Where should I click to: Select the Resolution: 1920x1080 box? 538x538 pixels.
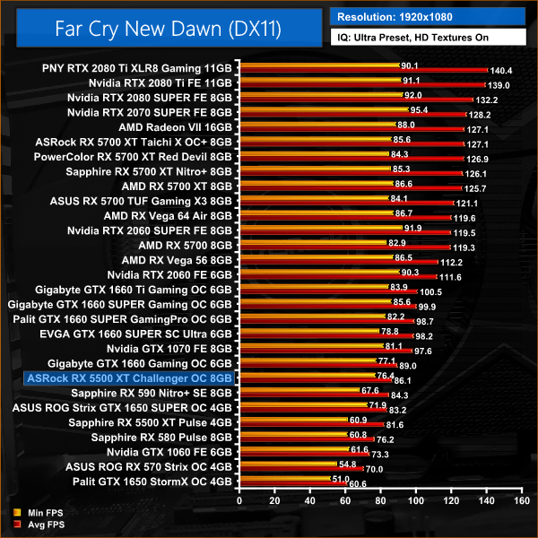(x=427, y=16)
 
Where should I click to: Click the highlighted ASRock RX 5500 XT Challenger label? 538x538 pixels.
(x=131, y=379)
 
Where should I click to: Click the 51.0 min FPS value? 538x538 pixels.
(x=341, y=479)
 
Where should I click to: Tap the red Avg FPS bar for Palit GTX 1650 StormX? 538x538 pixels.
(x=296, y=483)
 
